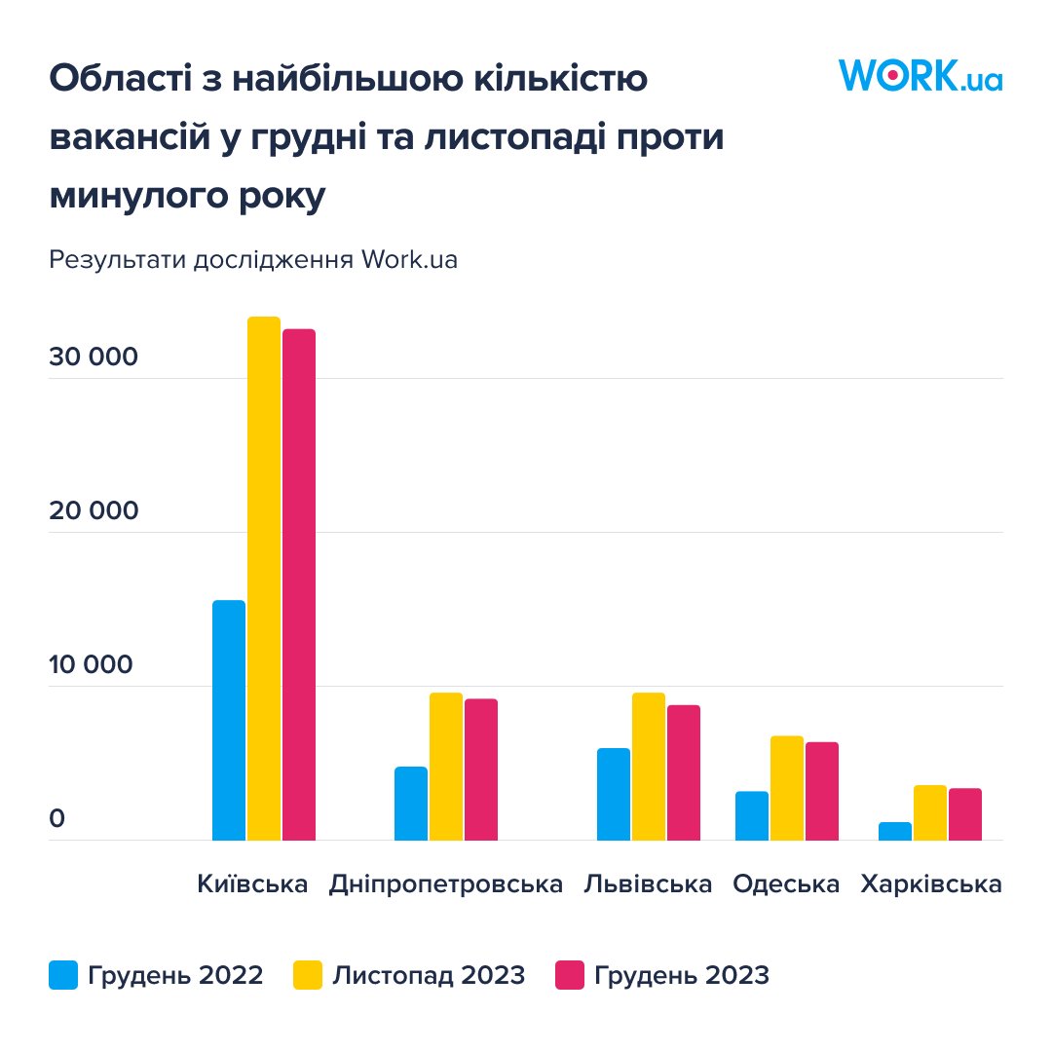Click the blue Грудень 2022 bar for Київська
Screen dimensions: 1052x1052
click(x=229, y=720)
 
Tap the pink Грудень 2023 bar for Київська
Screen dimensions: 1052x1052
click(x=299, y=584)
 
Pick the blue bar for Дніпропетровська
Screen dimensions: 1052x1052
click(x=411, y=803)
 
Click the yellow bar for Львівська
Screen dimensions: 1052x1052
click(x=649, y=766)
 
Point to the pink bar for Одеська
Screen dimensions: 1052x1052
click(x=822, y=790)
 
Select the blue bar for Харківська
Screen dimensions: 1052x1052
click(x=895, y=831)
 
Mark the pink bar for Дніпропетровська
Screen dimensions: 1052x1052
click(x=481, y=769)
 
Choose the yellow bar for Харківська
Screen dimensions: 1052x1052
click(x=930, y=812)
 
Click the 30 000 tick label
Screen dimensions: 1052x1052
click(x=94, y=357)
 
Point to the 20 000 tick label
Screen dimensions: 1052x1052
click(x=94, y=511)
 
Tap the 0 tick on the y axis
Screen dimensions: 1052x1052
click(x=57, y=819)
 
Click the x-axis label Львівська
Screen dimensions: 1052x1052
click(x=648, y=884)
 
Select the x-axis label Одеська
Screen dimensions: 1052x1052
click(x=786, y=884)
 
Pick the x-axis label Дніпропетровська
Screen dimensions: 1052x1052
click(x=446, y=884)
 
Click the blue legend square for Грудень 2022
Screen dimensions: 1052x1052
click(x=63, y=975)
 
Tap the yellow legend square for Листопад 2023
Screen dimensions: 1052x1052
click(x=308, y=975)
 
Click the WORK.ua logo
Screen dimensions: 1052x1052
click(x=920, y=76)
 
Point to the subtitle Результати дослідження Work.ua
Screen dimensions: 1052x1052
click(x=253, y=261)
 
